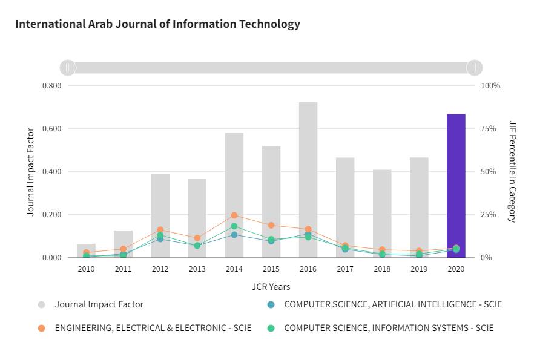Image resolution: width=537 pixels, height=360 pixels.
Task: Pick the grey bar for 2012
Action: click(160, 215)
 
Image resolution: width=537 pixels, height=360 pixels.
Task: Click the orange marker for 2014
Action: click(234, 215)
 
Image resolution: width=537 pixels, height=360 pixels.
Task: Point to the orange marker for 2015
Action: click(271, 226)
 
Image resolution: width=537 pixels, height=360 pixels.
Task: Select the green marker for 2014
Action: click(234, 226)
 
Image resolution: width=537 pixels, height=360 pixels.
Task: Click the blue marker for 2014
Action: click(234, 235)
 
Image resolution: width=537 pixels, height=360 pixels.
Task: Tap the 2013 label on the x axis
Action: click(197, 269)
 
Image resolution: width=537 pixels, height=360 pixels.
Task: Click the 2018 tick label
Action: click(382, 269)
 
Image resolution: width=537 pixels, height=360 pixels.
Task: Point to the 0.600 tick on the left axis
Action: click(51, 129)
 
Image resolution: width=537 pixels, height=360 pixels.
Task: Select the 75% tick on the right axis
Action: click(490, 129)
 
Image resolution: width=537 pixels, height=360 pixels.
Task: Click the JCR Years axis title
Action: click(271, 287)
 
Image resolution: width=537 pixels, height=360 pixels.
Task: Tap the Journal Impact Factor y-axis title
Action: click(31, 172)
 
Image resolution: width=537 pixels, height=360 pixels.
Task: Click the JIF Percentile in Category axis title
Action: click(512, 172)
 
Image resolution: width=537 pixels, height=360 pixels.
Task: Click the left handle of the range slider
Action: click(68, 67)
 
